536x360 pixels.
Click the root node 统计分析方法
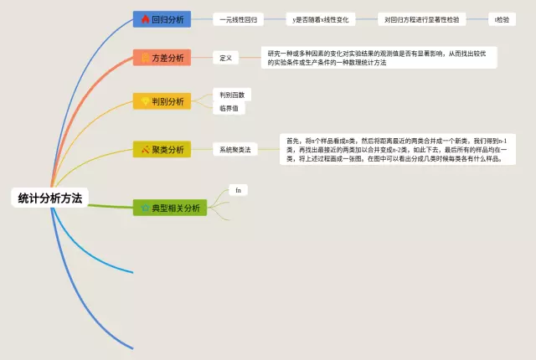click(51, 198)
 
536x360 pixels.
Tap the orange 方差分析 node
click(162, 58)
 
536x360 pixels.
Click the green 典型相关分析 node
click(170, 208)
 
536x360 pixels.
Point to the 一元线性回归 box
click(239, 18)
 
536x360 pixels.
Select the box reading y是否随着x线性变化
click(321, 18)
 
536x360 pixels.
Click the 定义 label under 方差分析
click(225, 58)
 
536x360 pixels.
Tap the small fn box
click(238, 191)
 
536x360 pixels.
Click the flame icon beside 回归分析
click(145, 19)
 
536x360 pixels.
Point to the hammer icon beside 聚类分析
click(145, 149)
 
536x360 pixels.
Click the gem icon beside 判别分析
click(145, 101)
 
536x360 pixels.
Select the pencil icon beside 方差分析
click(145, 58)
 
